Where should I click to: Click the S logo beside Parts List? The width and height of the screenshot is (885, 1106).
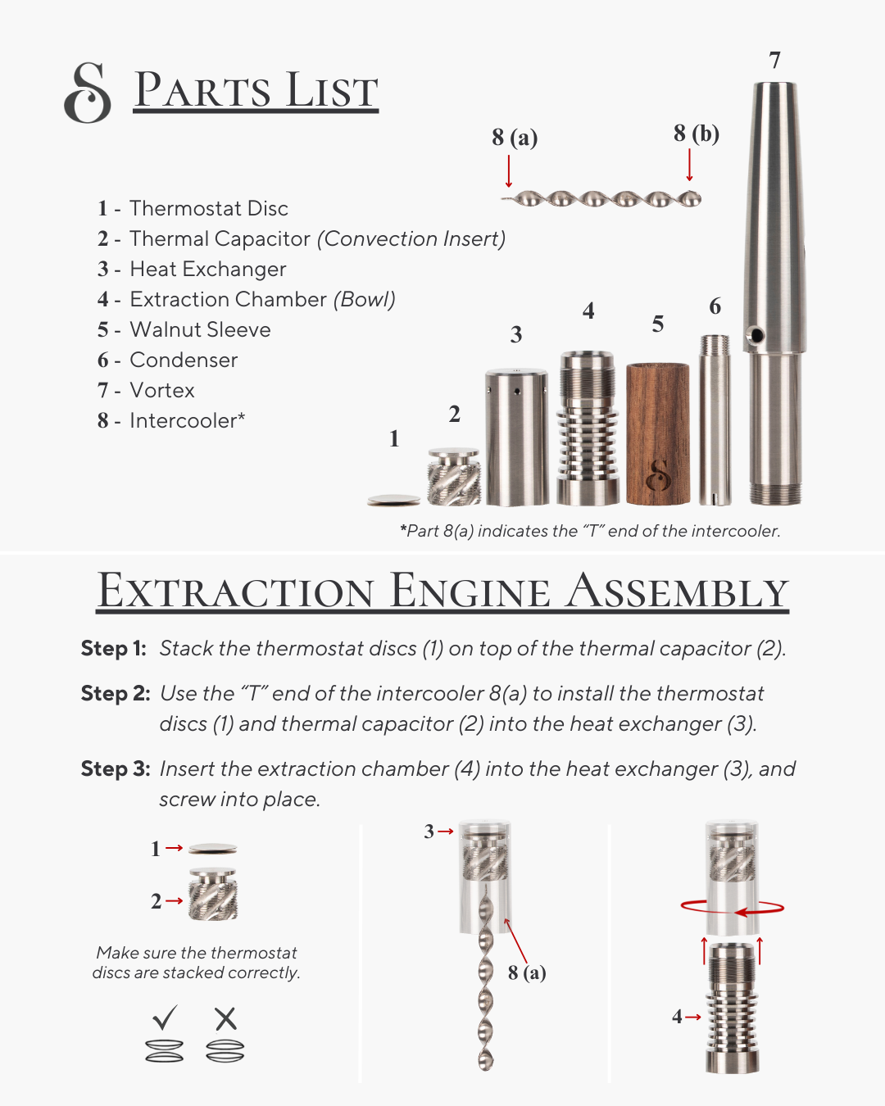[88, 93]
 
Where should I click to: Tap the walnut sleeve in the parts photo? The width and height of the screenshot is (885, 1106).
[658, 433]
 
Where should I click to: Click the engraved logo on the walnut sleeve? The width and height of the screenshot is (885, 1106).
[658, 476]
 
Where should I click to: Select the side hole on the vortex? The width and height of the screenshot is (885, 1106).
[756, 336]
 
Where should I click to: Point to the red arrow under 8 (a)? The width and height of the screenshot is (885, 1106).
[509, 171]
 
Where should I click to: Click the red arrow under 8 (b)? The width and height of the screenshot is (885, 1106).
[689, 165]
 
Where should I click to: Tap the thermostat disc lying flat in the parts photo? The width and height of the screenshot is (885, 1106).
[394, 500]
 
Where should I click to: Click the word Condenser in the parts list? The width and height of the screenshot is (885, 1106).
[184, 360]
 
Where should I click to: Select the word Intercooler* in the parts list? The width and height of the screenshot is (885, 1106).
[187, 421]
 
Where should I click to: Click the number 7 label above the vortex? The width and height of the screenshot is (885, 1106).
[774, 61]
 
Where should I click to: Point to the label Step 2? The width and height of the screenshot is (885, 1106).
[116, 693]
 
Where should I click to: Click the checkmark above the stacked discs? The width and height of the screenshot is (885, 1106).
[165, 1017]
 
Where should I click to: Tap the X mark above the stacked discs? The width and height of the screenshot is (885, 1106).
[225, 1018]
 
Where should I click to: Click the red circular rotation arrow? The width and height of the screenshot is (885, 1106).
[733, 908]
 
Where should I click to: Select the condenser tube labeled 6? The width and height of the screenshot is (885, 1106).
[715, 420]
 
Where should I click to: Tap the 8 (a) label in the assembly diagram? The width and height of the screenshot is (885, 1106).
[527, 973]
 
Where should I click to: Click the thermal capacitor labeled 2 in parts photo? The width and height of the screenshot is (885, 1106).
[454, 477]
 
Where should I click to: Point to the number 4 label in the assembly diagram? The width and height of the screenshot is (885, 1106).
[677, 1017]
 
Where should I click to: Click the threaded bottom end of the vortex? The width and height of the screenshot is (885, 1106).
[775, 492]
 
